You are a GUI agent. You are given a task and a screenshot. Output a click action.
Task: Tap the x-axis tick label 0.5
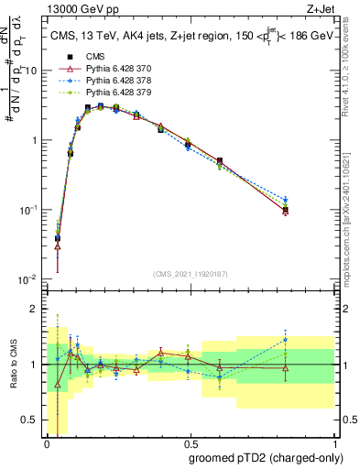[191, 443]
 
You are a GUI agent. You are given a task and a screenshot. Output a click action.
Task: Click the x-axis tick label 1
[334, 443]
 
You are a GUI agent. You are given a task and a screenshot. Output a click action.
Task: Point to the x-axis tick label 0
[47, 443]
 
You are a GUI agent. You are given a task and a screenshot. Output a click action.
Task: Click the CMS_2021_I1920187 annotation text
[191, 272]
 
